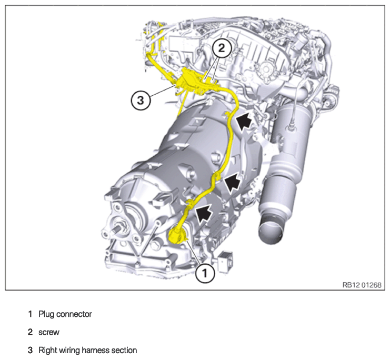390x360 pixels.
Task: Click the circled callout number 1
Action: point(205,273)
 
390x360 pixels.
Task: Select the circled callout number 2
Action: point(222,47)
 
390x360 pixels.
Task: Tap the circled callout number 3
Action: point(141,101)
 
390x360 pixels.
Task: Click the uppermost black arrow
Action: point(244,120)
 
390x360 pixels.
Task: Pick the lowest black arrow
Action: point(204,214)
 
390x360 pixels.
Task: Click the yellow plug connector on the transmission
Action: point(177,235)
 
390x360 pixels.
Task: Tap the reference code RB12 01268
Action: point(362,285)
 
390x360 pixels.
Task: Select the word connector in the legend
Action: point(74,314)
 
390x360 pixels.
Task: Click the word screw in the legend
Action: point(49,333)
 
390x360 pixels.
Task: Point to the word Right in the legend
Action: point(46,351)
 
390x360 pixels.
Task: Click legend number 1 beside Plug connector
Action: point(30,314)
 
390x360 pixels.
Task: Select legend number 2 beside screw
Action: point(30,332)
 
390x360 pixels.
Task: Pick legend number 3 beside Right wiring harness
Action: point(30,350)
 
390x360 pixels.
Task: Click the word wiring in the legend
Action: point(68,351)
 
